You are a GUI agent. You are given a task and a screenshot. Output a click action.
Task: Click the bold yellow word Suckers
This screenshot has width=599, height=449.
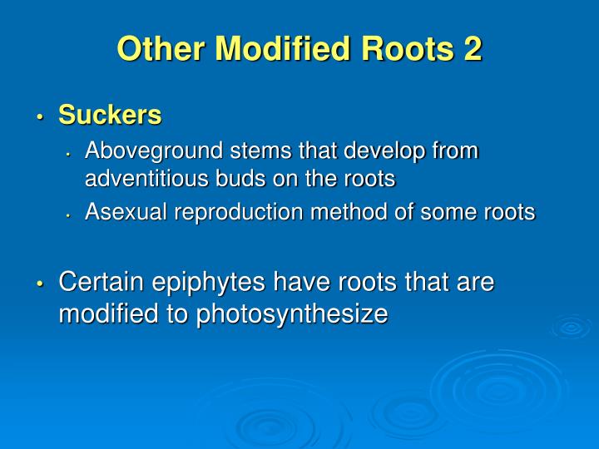(x=110, y=116)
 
